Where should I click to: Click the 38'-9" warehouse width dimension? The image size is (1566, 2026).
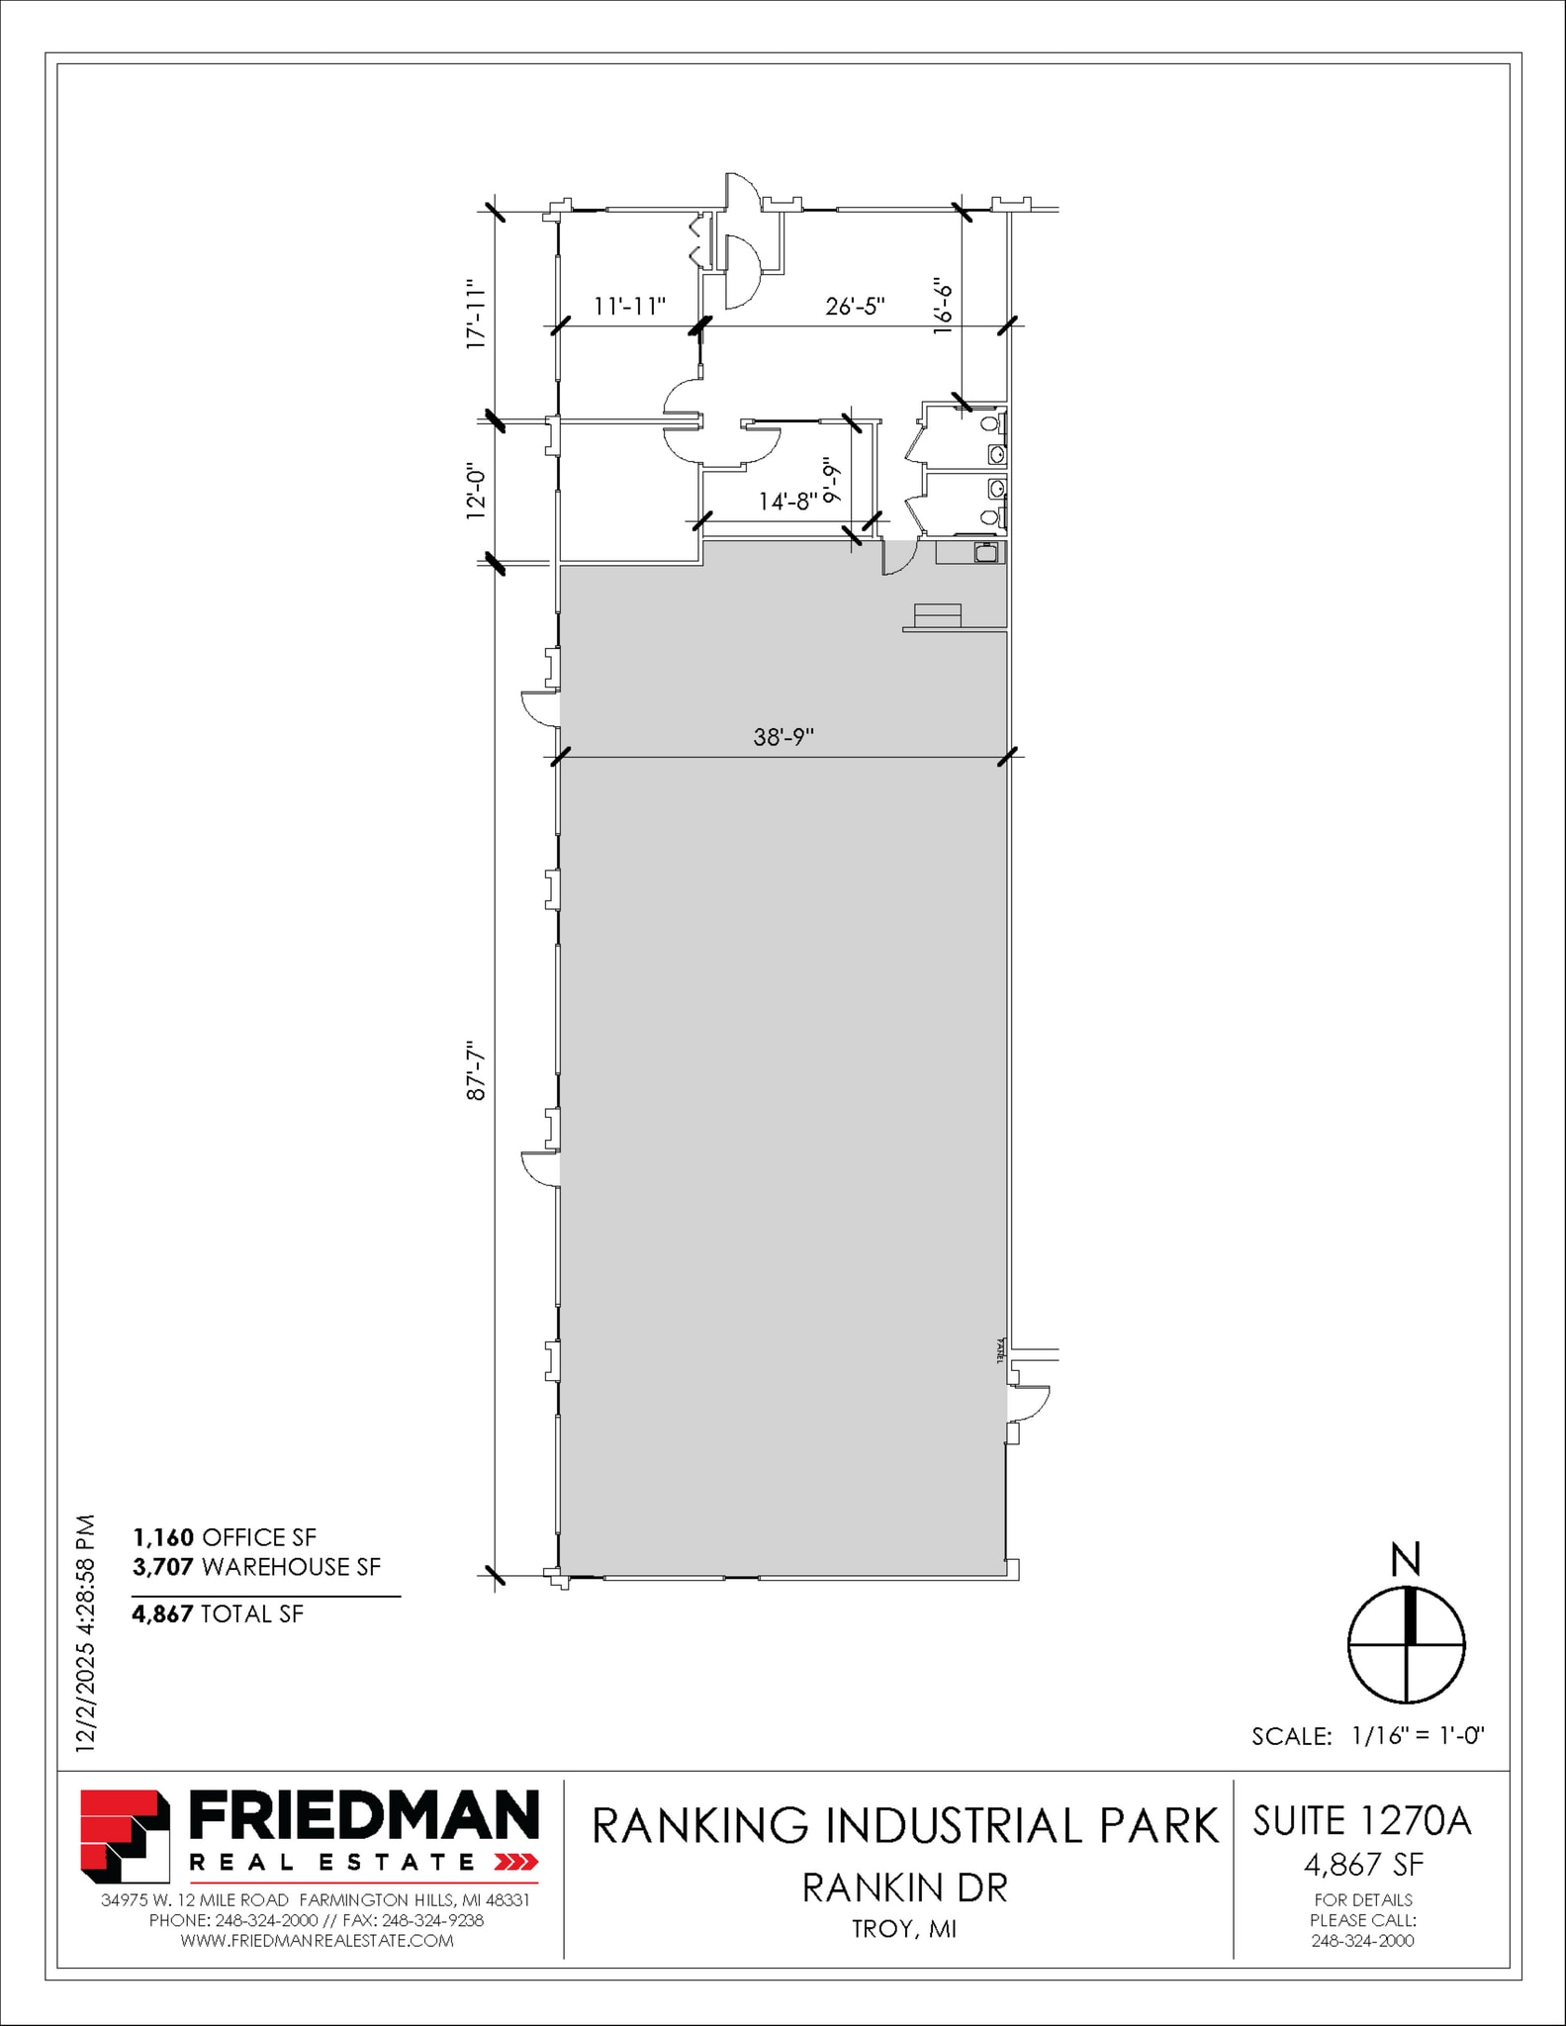tap(783, 737)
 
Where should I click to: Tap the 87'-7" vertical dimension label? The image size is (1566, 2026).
tap(478, 1070)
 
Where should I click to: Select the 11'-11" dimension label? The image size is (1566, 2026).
tap(629, 307)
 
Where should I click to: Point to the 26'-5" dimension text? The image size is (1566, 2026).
tap(855, 307)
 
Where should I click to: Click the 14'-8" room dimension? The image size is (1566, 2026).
tap(787, 502)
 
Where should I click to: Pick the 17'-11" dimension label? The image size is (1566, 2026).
tap(477, 314)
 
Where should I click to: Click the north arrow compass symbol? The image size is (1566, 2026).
tap(1406, 1645)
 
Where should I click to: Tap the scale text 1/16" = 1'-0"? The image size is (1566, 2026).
tap(1417, 1735)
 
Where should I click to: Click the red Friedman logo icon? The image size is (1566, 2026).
tap(124, 1836)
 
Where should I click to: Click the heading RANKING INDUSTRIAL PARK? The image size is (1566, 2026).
tap(905, 1826)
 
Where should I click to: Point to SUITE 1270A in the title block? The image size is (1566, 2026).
tap(1362, 1821)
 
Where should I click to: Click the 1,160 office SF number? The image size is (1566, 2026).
tap(163, 1537)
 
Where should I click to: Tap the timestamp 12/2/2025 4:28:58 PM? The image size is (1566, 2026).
tap(86, 1632)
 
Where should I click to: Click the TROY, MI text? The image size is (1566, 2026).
tap(904, 1929)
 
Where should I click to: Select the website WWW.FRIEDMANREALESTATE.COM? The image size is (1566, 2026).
tap(317, 1941)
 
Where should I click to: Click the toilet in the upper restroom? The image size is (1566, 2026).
tap(990, 424)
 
